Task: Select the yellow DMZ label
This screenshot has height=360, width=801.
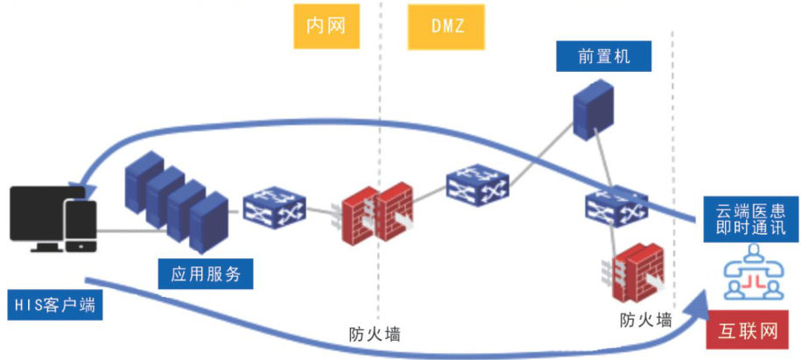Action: click(446, 25)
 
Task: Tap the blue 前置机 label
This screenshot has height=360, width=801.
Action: click(604, 57)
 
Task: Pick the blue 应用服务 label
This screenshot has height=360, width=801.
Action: click(206, 274)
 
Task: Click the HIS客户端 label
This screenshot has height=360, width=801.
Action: click(53, 306)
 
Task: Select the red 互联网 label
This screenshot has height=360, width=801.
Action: click(749, 330)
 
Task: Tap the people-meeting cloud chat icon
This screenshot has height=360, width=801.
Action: click(751, 278)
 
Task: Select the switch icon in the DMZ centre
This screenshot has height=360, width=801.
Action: click(476, 185)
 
